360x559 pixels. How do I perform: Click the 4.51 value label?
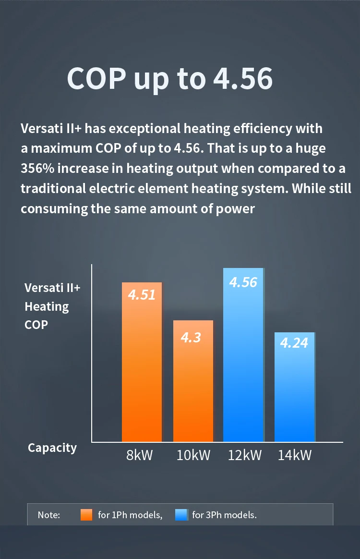[x=142, y=294]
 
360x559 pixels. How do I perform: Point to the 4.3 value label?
[x=191, y=338]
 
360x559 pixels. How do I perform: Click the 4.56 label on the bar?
[x=243, y=282]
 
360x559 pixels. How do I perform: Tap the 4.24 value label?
[x=294, y=343]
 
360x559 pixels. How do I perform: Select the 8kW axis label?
[x=139, y=455]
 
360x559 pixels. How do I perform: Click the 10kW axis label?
[x=193, y=455]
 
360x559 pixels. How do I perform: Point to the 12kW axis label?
[x=245, y=455]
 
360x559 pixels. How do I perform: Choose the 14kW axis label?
[x=295, y=455]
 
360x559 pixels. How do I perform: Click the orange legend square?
[x=86, y=515]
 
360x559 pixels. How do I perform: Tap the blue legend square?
[x=181, y=515]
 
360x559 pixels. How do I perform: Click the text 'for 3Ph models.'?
[x=224, y=515]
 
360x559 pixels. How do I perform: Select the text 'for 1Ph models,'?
[x=130, y=515]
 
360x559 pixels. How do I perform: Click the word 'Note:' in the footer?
[x=49, y=515]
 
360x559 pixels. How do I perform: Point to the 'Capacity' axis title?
[x=52, y=448]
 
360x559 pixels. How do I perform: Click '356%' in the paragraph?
[x=37, y=169]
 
